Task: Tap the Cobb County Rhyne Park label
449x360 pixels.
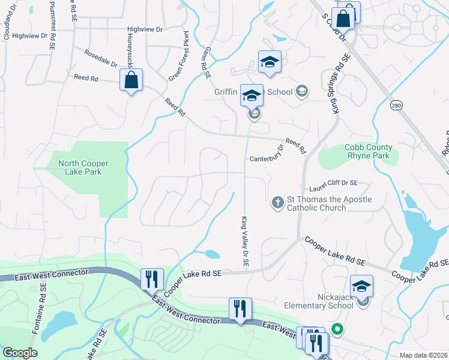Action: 369,151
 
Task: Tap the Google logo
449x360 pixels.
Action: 20,353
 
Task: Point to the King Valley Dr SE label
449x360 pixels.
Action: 245,242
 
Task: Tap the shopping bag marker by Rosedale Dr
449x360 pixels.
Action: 131,80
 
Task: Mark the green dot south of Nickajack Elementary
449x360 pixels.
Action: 337,328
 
